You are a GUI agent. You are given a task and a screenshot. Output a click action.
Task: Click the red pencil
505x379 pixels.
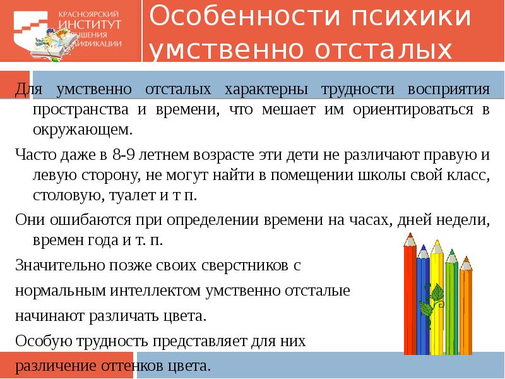(x=410, y=303)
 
